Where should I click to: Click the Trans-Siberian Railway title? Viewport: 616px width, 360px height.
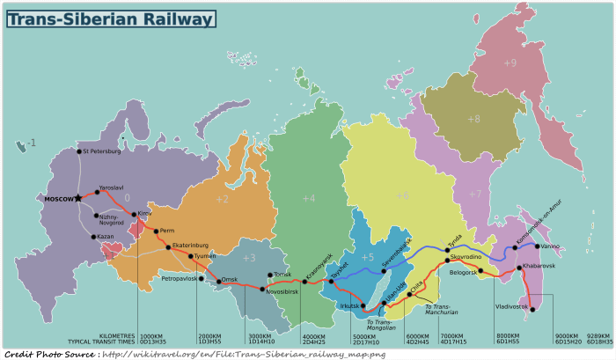click(113, 18)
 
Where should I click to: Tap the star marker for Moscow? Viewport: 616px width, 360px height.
click(78, 198)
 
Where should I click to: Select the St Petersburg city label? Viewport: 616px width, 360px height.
click(102, 151)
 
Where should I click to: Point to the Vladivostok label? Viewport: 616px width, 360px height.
click(511, 306)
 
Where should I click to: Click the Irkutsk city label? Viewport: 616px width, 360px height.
click(349, 306)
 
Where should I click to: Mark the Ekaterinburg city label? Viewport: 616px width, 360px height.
click(190, 245)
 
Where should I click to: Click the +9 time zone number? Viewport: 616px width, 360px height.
click(510, 63)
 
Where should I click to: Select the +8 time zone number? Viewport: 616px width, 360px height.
click(473, 119)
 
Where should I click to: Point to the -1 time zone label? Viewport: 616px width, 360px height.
click(31, 143)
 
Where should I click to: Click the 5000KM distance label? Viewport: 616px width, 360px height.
click(366, 335)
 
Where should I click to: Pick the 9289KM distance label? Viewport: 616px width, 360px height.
click(599, 335)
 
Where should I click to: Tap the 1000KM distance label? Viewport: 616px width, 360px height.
click(152, 335)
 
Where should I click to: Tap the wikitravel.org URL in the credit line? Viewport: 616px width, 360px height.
click(243, 354)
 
